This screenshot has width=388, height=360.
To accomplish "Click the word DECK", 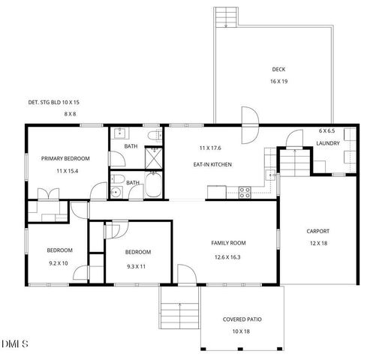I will pos(278,70).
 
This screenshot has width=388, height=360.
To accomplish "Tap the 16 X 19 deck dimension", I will pos(278,81).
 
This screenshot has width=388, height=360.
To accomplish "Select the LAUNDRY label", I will pos(327,143).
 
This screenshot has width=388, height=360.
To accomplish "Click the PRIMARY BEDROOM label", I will pos(65,158).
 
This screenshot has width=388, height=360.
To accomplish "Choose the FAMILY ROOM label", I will pos(228,243).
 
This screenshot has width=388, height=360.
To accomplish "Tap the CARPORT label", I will pos(317,231).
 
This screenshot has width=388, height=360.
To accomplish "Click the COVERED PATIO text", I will pos(242,319).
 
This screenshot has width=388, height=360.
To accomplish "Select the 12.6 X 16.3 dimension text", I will pos(228,256).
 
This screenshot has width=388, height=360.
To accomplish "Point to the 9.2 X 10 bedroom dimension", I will pos(59,262).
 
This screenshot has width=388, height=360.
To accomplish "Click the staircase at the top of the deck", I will pos(227,16).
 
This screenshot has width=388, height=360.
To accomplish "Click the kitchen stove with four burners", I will pos(244,190).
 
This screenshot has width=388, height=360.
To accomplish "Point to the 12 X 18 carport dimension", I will pos(317,243).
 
